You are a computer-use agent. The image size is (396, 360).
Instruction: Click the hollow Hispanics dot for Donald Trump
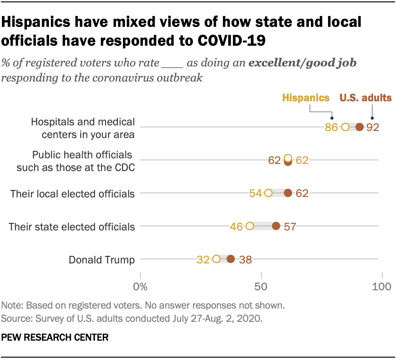click(x=216, y=259)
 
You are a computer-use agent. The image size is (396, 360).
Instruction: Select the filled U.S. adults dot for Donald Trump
click(x=231, y=259)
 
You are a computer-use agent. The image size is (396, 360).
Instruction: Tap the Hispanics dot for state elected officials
click(x=250, y=226)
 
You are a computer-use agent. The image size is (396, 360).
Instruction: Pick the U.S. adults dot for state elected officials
click(x=276, y=226)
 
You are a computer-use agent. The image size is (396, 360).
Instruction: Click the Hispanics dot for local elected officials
click(x=269, y=193)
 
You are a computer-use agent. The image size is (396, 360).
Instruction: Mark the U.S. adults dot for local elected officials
click(x=288, y=193)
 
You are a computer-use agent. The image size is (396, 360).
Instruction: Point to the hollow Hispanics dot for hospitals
click(x=345, y=127)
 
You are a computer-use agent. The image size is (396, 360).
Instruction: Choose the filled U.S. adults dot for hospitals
click(x=359, y=127)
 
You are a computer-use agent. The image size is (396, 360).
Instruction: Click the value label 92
click(x=373, y=127)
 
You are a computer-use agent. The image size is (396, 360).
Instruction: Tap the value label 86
click(x=331, y=127)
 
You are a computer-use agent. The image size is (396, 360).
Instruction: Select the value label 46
click(x=236, y=227)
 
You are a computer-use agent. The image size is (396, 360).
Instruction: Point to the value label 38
click(x=245, y=259)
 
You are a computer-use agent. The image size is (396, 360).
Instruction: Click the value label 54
click(x=255, y=193)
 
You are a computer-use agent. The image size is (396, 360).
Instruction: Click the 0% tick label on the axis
click(x=140, y=286)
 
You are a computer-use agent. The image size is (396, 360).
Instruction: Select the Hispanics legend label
click(x=305, y=98)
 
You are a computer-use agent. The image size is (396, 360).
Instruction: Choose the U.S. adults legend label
click(x=366, y=98)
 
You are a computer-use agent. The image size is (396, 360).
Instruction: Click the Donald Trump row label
click(x=102, y=259)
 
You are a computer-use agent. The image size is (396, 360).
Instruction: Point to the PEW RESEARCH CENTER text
click(x=55, y=337)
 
